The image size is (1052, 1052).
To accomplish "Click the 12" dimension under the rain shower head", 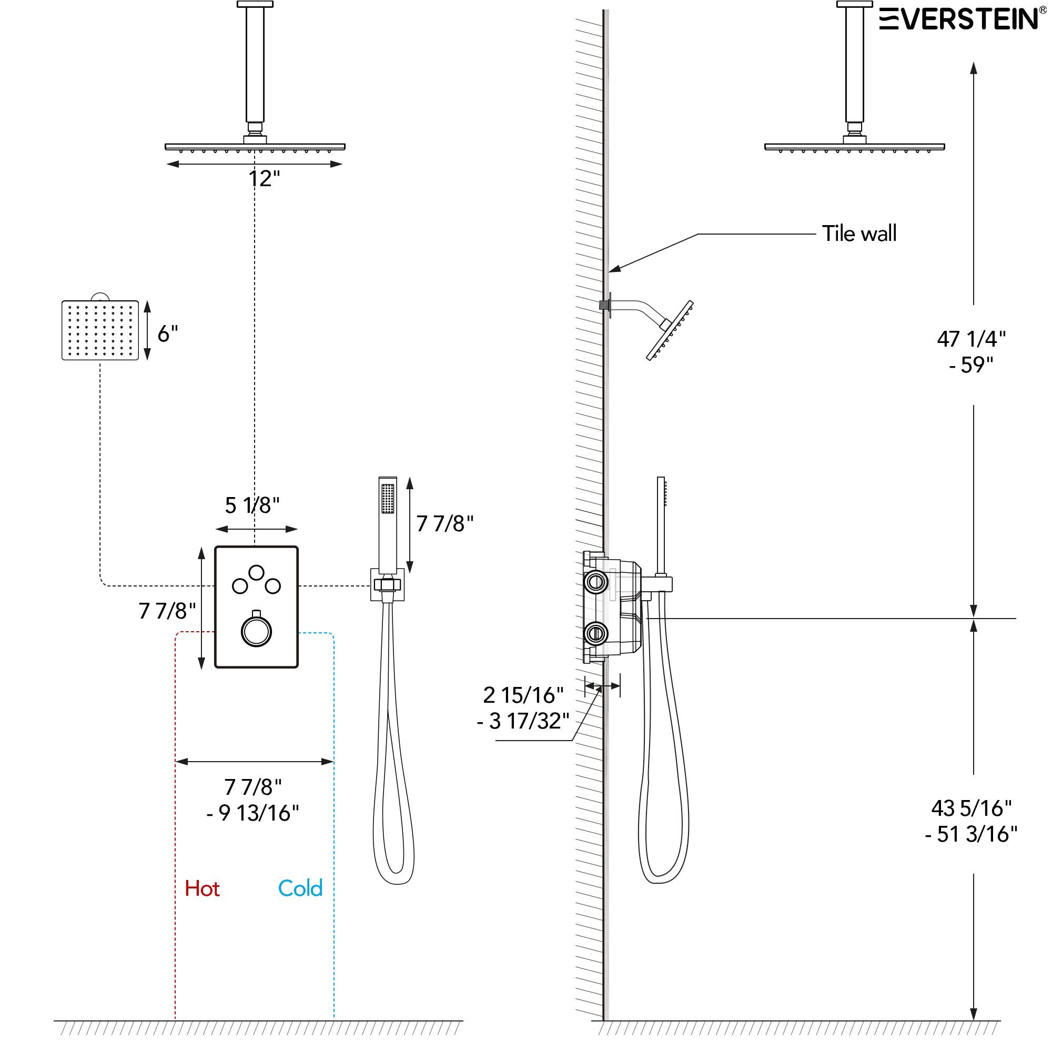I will (x=264, y=179).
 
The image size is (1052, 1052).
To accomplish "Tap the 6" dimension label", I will (x=168, y=334).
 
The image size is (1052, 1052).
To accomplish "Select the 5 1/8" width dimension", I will (x=252, y=505).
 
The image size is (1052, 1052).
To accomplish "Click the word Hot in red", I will (x=202, y=888).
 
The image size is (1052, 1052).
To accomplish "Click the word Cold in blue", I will (x=300, y=888).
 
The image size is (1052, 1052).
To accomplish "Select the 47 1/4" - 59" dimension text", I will (x=971, y=352).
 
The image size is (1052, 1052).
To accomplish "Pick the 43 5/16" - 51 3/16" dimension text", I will (x=971, y=821).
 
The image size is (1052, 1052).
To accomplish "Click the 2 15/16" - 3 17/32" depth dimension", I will (x=523, y=708).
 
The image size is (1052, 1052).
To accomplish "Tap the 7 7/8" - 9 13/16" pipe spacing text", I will (x=253, y=800).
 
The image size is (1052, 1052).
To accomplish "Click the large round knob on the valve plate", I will (x=256, y=632).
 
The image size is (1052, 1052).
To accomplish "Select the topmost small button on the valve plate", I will (x=257, y=572).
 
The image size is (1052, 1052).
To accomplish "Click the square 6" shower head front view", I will (x=100, y=330).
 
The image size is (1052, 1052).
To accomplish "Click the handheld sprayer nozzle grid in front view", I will (x=388, y=498).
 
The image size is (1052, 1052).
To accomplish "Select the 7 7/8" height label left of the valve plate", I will (x=167, y=611).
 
